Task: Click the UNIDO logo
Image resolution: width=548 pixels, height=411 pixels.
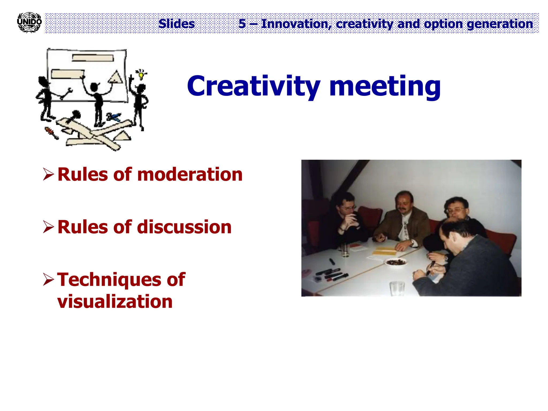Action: (x=29, y=22)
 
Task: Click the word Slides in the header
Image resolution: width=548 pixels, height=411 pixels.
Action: (x=177, y=24)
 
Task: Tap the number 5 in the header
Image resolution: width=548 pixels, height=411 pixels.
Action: (x=242, y=24)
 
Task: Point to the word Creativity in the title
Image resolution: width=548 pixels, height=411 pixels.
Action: (x=253, y=86)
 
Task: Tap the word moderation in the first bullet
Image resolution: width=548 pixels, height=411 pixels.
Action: (x=190, y=174)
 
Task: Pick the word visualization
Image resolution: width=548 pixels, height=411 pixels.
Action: (x=115, y=302)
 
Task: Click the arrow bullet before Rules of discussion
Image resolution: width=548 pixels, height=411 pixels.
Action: (x=48, y=227)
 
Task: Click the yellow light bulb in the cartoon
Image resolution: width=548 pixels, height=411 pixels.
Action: (x=141, y=75)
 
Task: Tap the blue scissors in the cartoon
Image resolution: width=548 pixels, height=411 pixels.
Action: (x=114, y=117)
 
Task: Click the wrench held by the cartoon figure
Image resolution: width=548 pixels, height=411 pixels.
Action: (x=67, y=94)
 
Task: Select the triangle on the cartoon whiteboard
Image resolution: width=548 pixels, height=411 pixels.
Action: (x=116, y=78)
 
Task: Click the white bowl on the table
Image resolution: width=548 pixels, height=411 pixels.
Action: (x=396, y=262)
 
